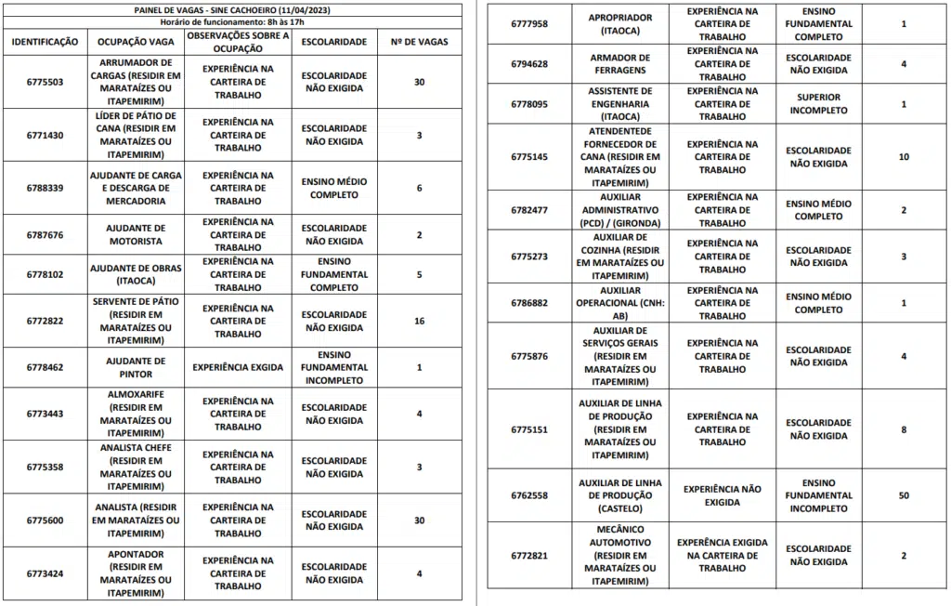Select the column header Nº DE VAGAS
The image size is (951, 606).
(419, 42)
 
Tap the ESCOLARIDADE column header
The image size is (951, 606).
(333, 42)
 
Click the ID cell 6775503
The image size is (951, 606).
(45, 82)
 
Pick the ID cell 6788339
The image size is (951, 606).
(45, 188)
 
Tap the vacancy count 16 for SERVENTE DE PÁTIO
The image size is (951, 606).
(419, 321)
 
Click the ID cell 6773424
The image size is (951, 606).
(45, 573)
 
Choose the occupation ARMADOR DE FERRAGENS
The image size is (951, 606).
(620, 63)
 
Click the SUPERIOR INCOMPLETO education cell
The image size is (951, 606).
(818, 104)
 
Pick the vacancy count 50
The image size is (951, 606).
(904, 495)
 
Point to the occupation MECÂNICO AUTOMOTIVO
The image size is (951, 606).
(620, 555)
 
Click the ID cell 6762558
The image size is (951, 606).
(529, 495)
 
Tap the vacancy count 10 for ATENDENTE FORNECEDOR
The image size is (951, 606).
(904, 156)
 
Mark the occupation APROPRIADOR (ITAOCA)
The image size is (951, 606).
(620, 24)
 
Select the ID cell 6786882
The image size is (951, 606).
(529, 303)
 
